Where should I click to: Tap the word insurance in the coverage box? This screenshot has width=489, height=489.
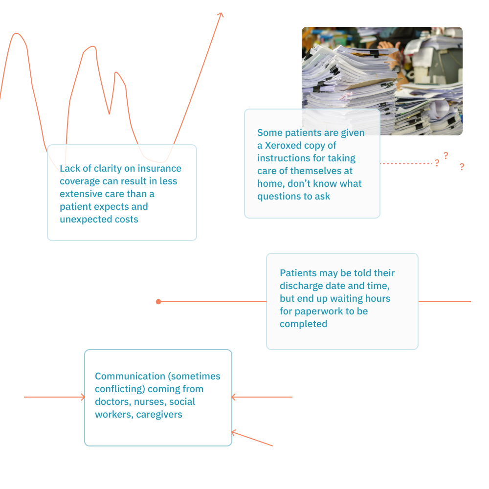pos(159,168)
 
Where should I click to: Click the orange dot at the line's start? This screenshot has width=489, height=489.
pos(158,302)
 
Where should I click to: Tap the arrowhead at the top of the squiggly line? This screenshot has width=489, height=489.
pos(221,15)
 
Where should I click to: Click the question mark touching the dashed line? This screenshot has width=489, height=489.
pos(437,163)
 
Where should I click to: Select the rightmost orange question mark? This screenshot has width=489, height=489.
pos(462,167)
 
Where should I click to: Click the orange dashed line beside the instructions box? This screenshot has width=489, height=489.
pos(406,164)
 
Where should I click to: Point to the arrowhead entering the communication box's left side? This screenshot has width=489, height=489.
pos(83,397)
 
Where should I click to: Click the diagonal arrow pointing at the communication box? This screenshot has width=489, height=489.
pos(252,439)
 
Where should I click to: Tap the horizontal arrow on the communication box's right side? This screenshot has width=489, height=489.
pos(262,397)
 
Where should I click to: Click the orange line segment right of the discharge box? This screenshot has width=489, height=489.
pos(445,302)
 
